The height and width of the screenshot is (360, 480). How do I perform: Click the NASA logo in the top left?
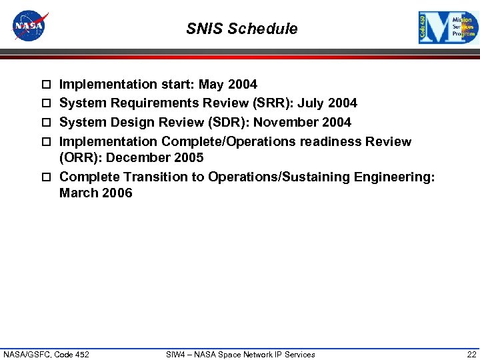30,26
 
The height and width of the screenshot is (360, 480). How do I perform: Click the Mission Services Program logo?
448,28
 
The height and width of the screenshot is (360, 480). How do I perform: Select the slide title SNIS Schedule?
241,29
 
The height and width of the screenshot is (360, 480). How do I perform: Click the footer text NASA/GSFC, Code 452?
46,354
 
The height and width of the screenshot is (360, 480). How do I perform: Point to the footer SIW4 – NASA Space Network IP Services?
240,354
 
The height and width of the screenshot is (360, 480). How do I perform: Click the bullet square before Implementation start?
46,85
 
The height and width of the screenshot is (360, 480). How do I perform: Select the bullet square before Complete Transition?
46,177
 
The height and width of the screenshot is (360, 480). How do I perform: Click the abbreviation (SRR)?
274,103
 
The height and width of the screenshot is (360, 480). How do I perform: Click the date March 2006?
95,193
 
